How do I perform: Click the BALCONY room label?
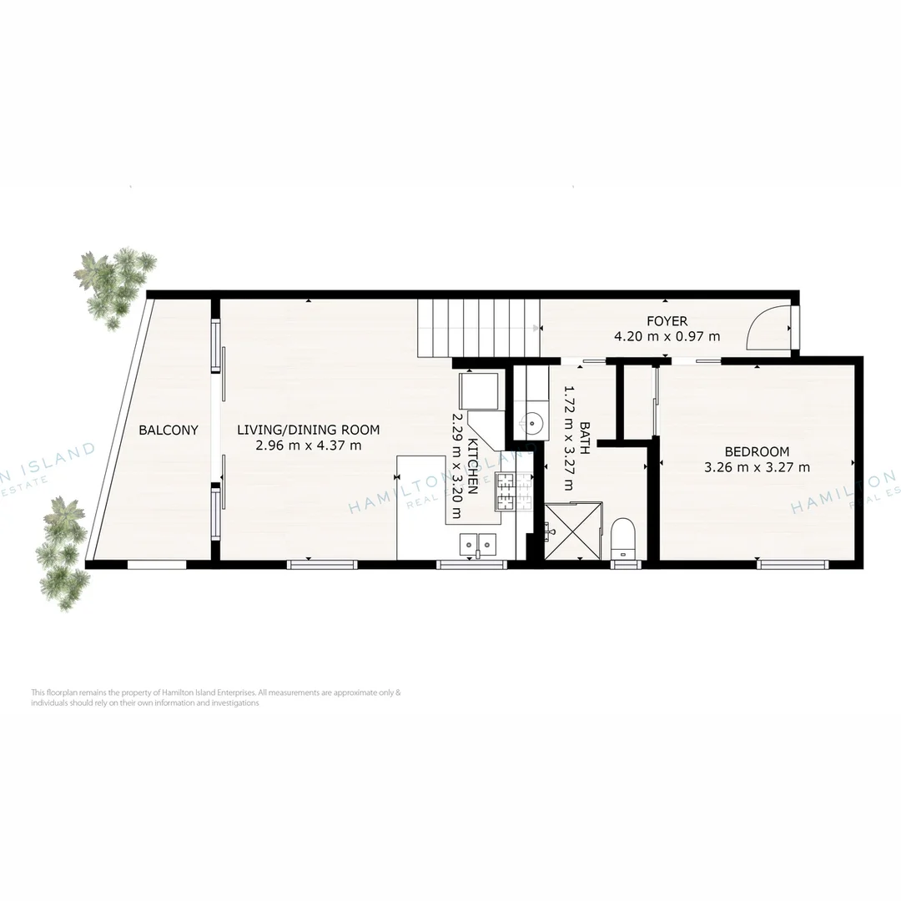pos(169,430)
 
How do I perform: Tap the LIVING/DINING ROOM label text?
pos(308,430)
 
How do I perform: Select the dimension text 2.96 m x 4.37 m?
pos(308,445)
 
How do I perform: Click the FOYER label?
pos(667,321)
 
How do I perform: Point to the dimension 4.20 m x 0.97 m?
pos(667,337)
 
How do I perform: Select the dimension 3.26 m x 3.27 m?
pos(757,467)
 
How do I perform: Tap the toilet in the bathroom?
pos(624,539)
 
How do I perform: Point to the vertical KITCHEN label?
pos(472,467)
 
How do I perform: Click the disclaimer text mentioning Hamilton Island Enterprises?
pos(216,697)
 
